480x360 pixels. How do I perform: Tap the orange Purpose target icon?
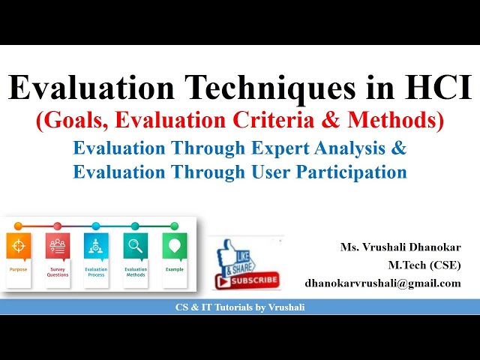click(19, 245)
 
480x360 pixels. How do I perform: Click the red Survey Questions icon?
click(58, 245)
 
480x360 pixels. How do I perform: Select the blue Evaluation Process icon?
click(96, 245)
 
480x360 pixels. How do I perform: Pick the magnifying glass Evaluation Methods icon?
click(135, 245)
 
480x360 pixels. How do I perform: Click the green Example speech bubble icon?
click(174, 245)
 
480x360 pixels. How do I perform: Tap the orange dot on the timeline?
click(19, 226)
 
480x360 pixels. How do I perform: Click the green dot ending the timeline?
click(174, 226)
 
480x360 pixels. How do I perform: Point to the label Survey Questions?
click(58, 271)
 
